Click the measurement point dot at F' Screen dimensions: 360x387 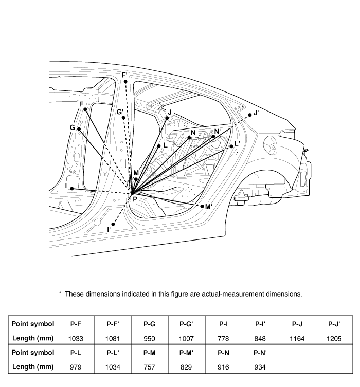pyautogui.click(x=125, y=81)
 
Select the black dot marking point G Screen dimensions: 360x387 pyautogui.click(x=79, y=129)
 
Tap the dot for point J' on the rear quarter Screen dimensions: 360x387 pyautogui.click(x=249, y=115)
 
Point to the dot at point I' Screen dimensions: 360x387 pyautogui.click(x=113, y=224)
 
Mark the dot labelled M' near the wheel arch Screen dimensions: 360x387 pyautogui.click(x=202, y=206)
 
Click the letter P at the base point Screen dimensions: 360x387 pyautogui.click(x=135, y=199)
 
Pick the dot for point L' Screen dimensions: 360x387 pyautogui.click(x=231, y=146)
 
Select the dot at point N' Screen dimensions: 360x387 pyautogui.click(x=213, y=136)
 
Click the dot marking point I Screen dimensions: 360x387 pyautogui.click(x=72, y=189)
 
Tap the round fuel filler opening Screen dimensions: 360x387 pyautogui.click(x=271, y=144)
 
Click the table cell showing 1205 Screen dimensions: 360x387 pyautogui.click(x=334, y=338)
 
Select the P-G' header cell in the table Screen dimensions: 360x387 pyautogui.click(x=186, y=324)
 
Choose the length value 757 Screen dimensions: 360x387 pyautogui.click(x=149, y=367)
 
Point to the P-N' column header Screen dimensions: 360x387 pyautogui.click(x=260, y=353)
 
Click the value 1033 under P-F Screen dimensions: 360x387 pyautogui.click(x=76, y=338)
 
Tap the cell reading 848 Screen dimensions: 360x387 pyautogui.click(x=260, y=338)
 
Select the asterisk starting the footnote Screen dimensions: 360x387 pyautogui.click(x=60, y=293)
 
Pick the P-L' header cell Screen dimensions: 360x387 pyautogui.click(x=113, y=353)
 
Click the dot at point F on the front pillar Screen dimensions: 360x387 pyautogui.click(x=85, y=109)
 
